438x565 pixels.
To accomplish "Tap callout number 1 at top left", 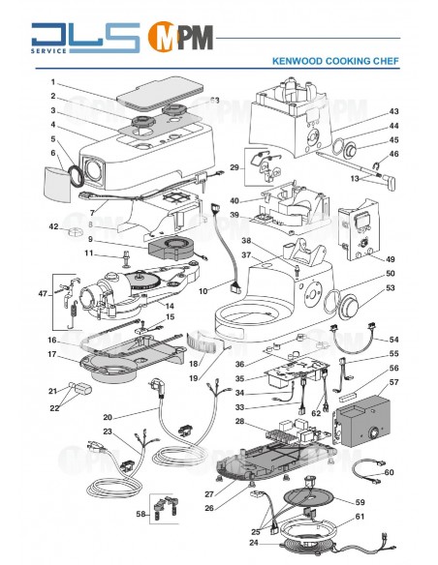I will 53,81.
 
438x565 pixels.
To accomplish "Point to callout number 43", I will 393,112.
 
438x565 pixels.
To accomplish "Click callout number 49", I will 391,259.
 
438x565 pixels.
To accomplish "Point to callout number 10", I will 204,291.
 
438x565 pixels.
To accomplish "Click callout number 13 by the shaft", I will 356,178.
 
